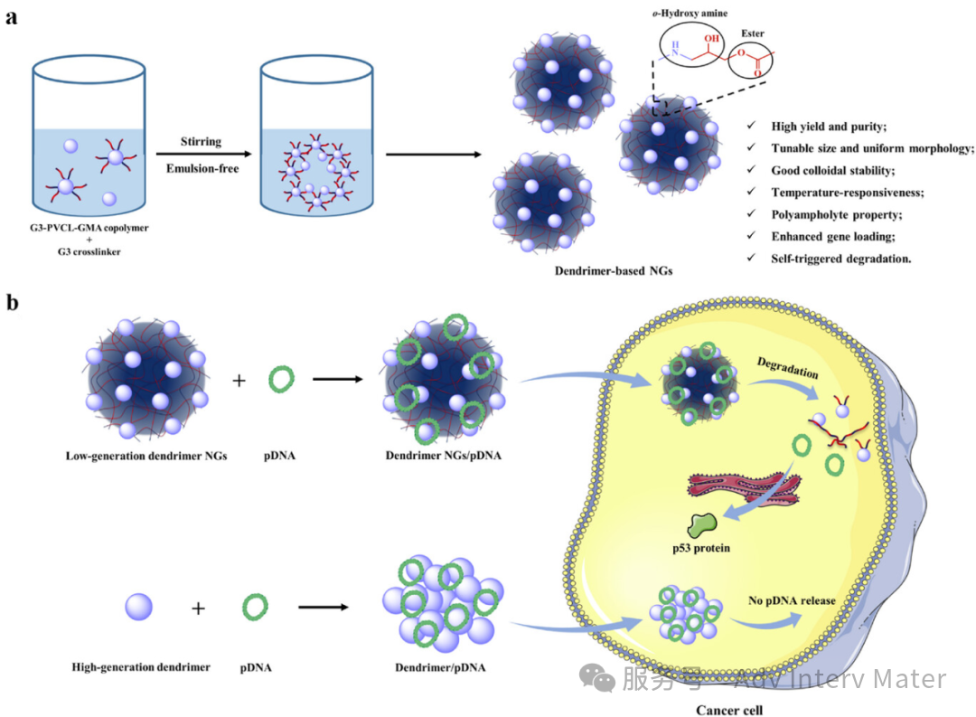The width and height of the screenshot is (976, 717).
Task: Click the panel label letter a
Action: click(x=13, y=17)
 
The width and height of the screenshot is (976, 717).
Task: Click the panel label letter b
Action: click(x=14, y=302)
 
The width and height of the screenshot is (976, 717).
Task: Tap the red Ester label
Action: click(x=752, y=33)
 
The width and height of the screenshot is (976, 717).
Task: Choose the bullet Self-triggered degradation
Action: click(x=841, y=257)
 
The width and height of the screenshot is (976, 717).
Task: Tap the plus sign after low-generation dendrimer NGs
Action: click(x=239, y=381)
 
